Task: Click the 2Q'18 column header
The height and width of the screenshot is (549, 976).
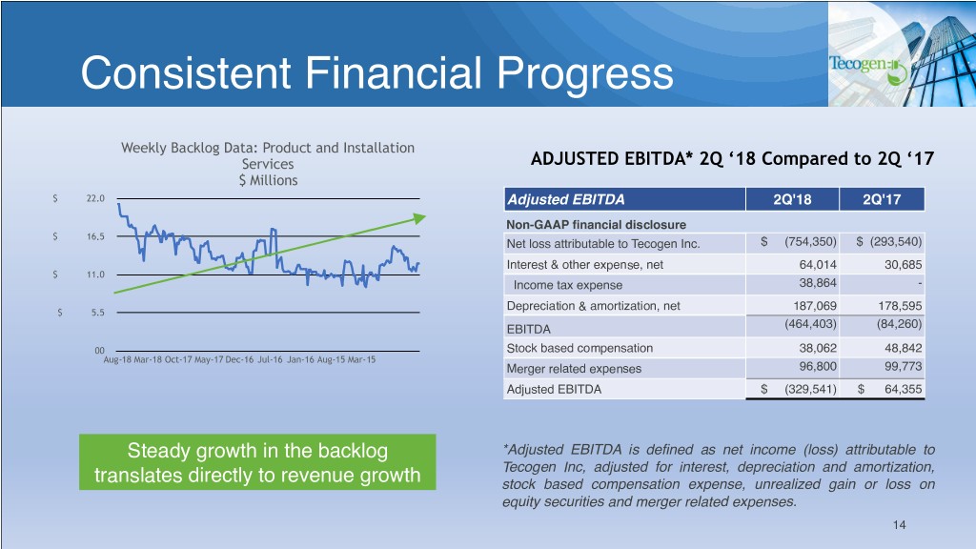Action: [790, 199]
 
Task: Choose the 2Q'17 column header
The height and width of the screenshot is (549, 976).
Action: [880, 199]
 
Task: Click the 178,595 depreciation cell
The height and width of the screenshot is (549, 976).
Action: [898, 306]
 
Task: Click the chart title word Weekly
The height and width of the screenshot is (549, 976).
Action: [145, 148]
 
